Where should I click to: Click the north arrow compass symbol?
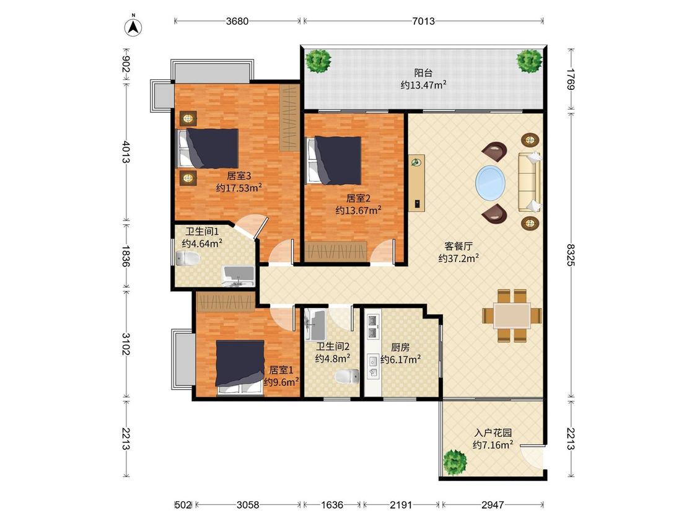pos(133,26)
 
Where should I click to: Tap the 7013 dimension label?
pos(423,21)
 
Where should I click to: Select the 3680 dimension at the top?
pos(237,21)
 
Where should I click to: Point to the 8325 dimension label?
pos(571,254)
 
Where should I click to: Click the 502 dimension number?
pos(183,505)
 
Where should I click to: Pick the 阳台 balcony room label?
pos(423,73)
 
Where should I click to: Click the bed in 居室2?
pos(335,160)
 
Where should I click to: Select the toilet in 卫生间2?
pos(347,376)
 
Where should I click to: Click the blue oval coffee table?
pos(490,183)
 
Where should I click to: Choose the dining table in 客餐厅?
pos(512,316)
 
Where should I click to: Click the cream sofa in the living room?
pos(530,182)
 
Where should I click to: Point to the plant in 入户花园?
pos(455,462)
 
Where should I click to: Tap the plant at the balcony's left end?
pos(318,61)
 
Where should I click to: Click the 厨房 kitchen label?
pos(400,348)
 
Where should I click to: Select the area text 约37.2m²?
pos(458,258)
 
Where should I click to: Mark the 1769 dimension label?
pos(571,79)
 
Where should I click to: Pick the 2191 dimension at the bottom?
pos(401,505)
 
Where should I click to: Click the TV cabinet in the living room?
pos(417,182)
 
